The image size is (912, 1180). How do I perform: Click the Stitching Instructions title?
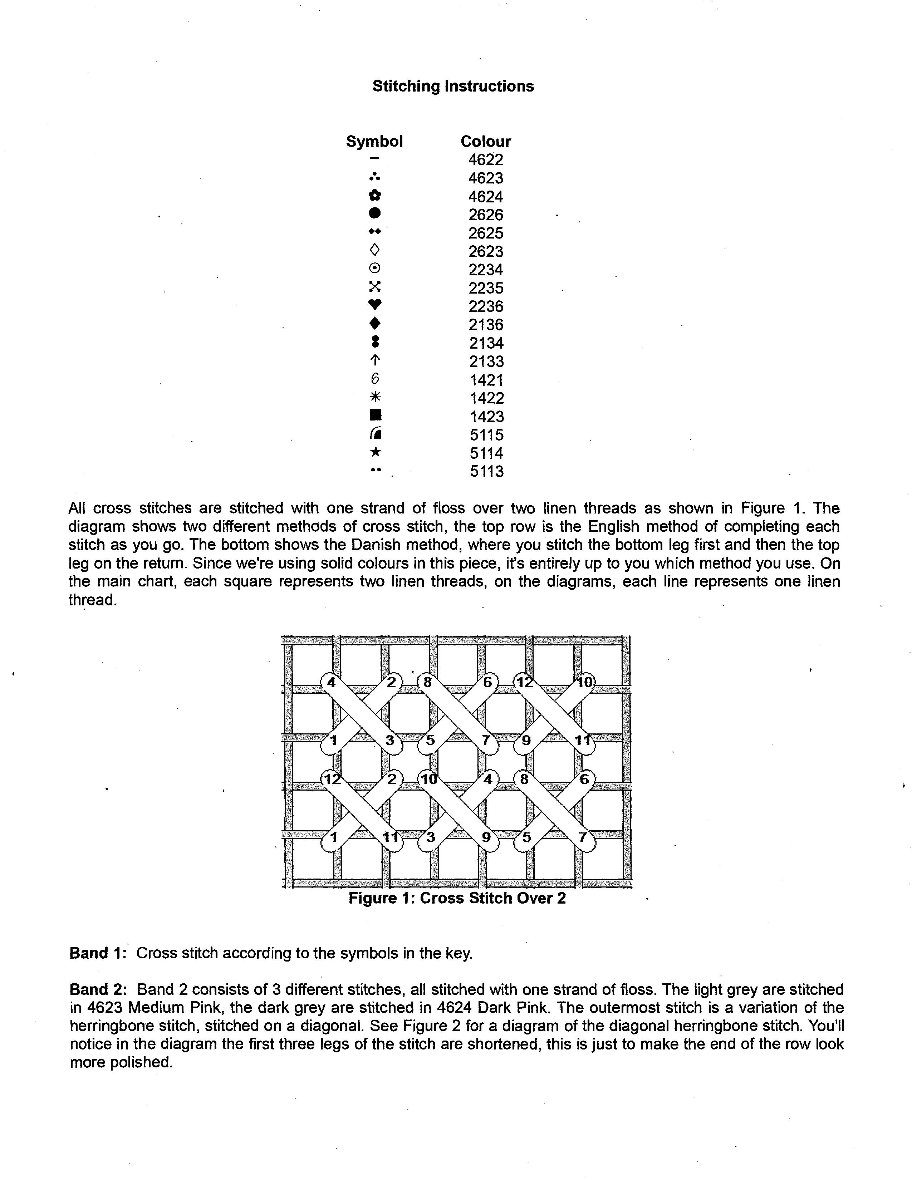click(x=453, y=87)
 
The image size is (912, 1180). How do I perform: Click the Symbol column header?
click(x=374, y=142)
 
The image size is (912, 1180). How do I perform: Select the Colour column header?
click(x=485, y=142)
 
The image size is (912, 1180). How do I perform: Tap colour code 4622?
click(x=486, y=160)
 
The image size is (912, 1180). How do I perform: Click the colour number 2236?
click(x=486, y=306)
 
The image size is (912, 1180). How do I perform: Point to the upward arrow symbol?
click(x=375, y=360)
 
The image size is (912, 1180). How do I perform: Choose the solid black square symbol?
click(x=375, y=415)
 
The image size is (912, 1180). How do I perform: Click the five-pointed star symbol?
click(x=375, y=452)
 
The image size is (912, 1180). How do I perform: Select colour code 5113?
click(x=486, y=472)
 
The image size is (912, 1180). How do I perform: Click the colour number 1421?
click(x=486, y=380)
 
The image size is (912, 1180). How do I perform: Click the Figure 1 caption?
click(x=457, y=898)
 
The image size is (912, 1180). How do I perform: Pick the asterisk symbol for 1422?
click(x=375, y=397)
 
